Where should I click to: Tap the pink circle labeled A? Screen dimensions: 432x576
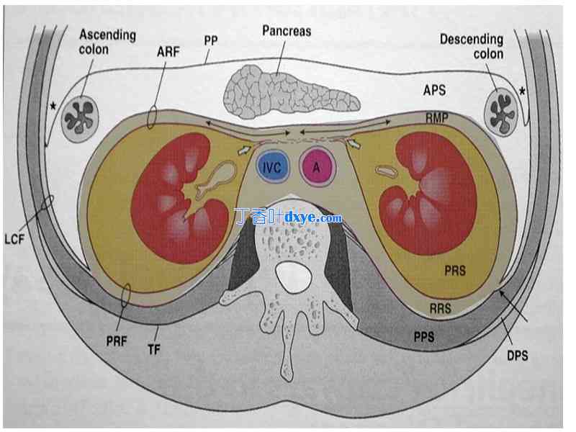(316, 168)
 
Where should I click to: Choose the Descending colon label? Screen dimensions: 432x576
(472, 46)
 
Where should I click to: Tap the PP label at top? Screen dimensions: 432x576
(211, 41)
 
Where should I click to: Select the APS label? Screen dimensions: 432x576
(434, 90)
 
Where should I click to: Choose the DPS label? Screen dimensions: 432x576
(516, 355)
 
